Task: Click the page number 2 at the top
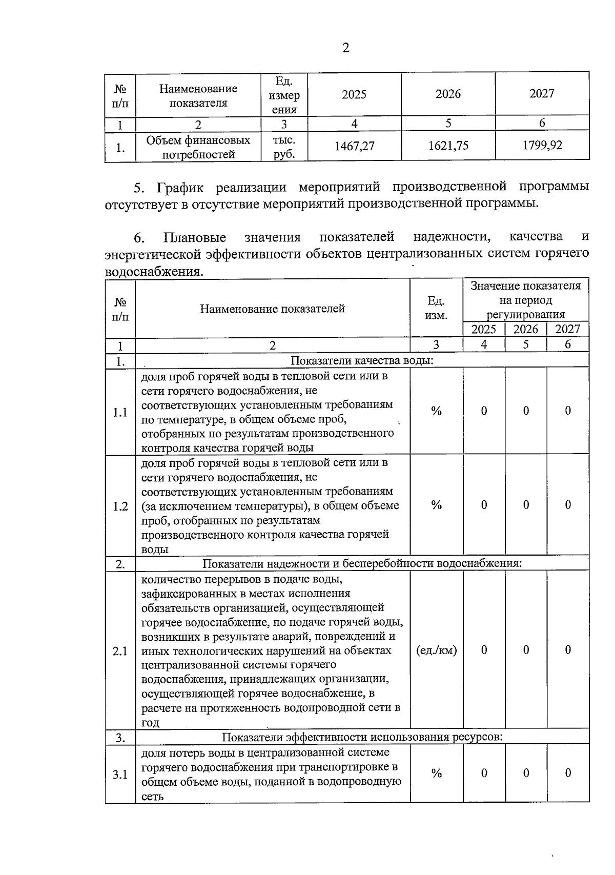(345, 48)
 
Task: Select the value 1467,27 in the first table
(354, 146)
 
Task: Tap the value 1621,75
(448, 146)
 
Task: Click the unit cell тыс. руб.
(284, 147)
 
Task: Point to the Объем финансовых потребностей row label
(198, 147)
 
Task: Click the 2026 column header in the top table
(448, 94)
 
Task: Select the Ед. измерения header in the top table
(284, 95)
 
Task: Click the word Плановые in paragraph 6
(195, 237)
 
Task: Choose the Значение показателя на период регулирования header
(525, 300)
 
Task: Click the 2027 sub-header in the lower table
(567, 329)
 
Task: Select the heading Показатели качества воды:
(362, 360)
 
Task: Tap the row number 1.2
(120, 506)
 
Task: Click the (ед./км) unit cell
(436, 650)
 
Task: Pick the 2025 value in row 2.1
(484, 649)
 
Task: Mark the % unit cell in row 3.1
(436, 774)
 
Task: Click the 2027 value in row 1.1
(567, 411)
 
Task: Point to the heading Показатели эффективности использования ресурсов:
(362, 737)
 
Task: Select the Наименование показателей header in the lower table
(272, 309)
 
